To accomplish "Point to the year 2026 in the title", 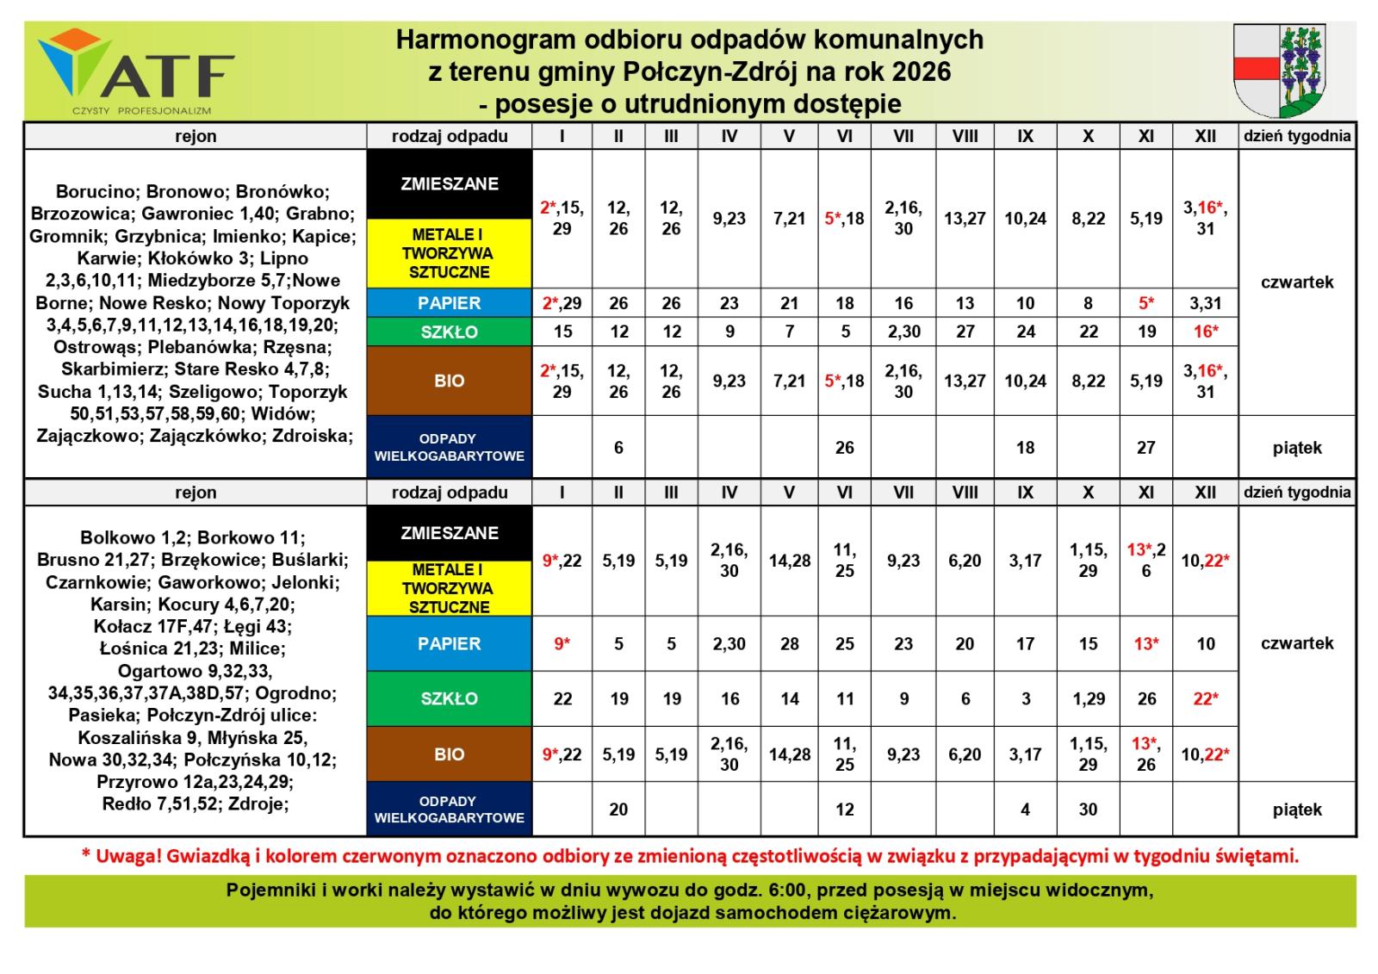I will pos(921,71).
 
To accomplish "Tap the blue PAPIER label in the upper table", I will pos(449,303).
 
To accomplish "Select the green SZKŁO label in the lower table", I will pos(449,698).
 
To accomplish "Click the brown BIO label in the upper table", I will pos(449,381).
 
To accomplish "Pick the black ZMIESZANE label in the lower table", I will pos(449,533).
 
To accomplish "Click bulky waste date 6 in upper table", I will pos(618,448).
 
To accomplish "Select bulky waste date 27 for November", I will pos(1145,448).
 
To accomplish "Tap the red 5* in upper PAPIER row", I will pos(1145,303).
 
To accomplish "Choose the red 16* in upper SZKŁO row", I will pos(1205,332).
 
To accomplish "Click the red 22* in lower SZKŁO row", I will pos(1205,698).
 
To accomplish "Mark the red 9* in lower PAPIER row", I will pos(562,643).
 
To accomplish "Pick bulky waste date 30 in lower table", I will pos(1088,810).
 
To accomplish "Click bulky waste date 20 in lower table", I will pos(618,810).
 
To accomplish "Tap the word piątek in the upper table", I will pos(1296,448).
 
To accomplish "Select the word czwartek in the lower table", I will pos(1296,643).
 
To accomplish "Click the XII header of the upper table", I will pos(1205,136).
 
